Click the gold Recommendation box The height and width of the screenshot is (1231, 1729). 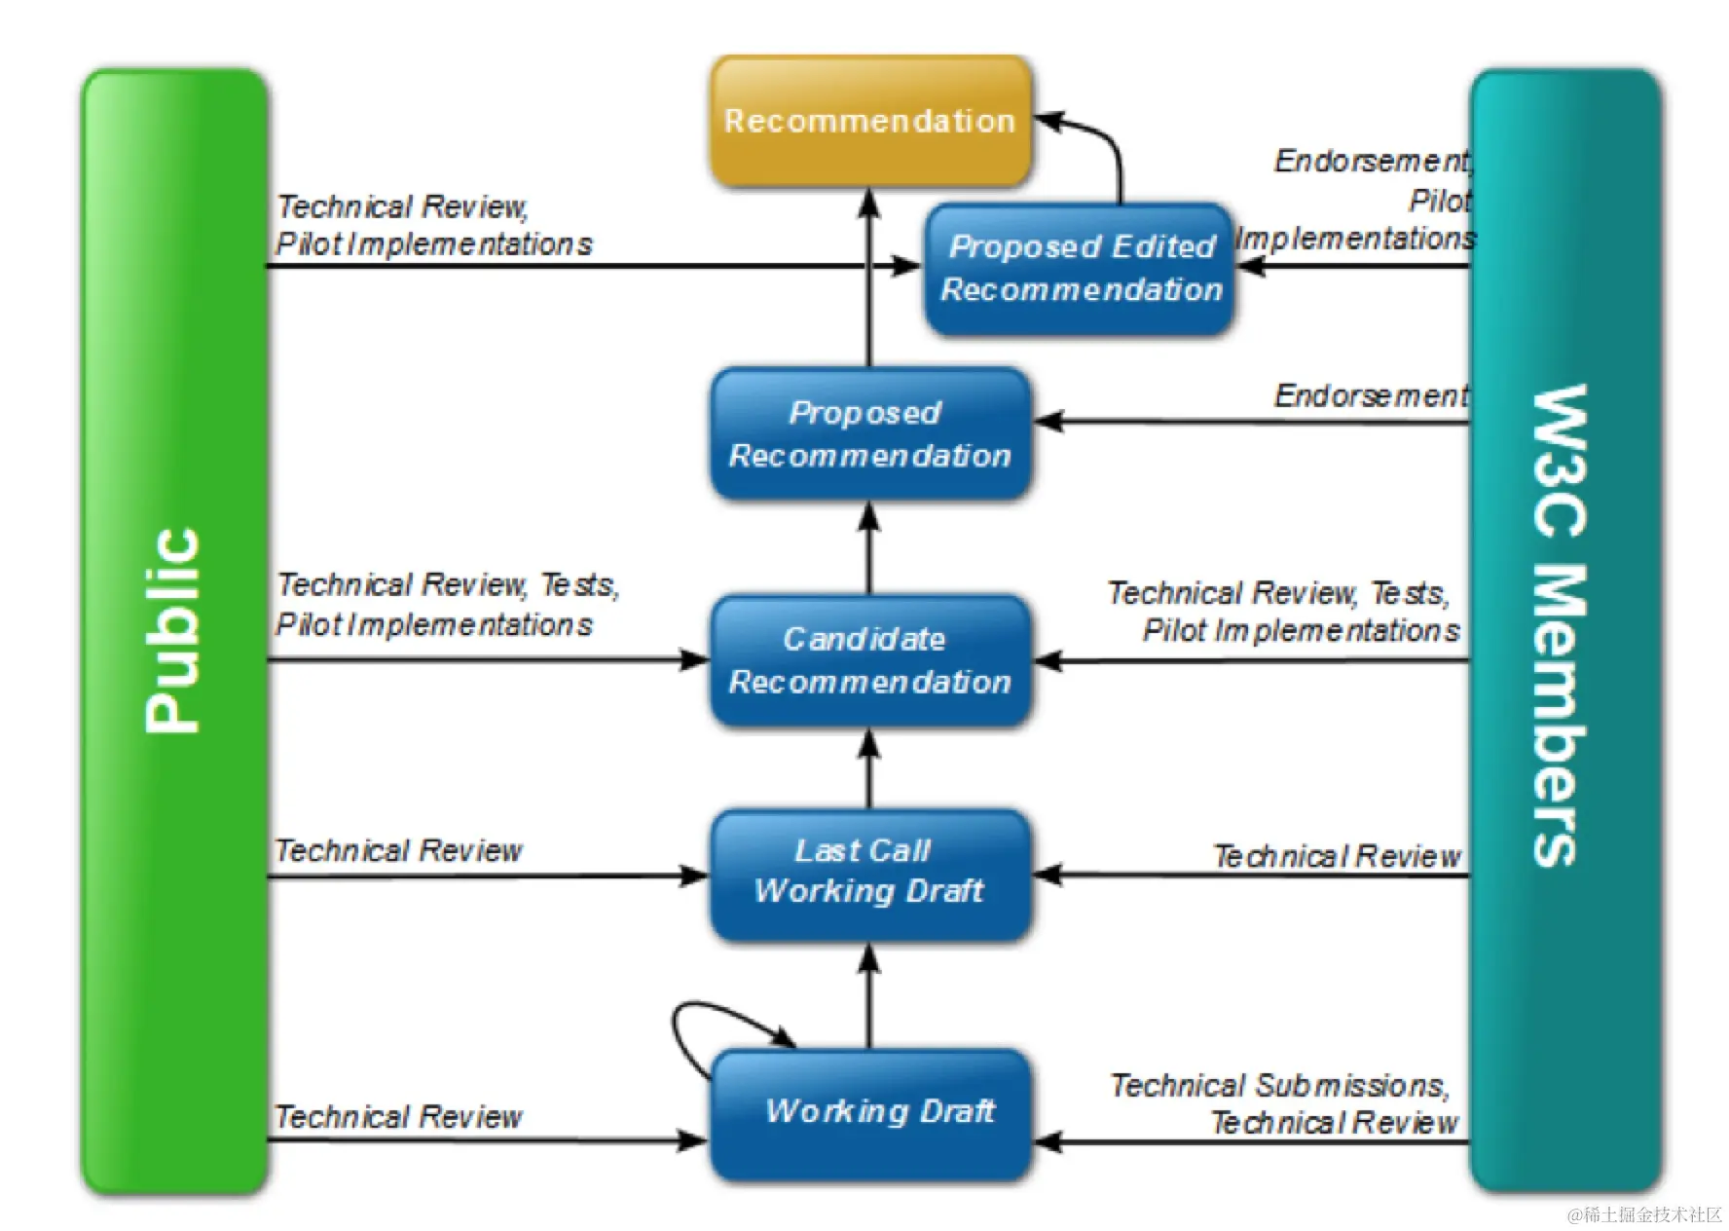click(869, 121)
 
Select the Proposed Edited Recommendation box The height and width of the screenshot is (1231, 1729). click(1079, 268)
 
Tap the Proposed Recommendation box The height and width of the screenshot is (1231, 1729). click(869, 433)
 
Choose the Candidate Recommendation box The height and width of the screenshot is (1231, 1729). click(869, 660)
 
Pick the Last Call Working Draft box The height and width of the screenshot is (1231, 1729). click(869, 872)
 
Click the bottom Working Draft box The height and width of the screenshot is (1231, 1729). click(869, 1112)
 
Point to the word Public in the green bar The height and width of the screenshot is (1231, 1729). click(173, 631)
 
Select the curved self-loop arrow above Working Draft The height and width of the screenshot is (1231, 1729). click(693, 1030)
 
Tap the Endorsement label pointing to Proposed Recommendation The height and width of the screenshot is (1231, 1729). click(1371, 395)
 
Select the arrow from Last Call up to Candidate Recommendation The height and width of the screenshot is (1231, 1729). click(869, 769)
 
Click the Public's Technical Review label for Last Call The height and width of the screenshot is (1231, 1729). click(398, 851)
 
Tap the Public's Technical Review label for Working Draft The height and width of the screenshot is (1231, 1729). click(398, 1117)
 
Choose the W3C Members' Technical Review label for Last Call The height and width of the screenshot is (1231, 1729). click(1337, 856)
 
